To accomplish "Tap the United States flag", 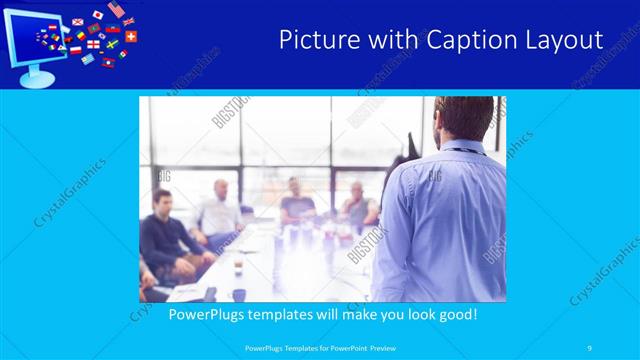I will [116, 9].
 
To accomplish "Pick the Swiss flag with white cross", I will [132, 36].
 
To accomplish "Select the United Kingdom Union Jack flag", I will [128, 21].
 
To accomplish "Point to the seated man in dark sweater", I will [163, 235].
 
